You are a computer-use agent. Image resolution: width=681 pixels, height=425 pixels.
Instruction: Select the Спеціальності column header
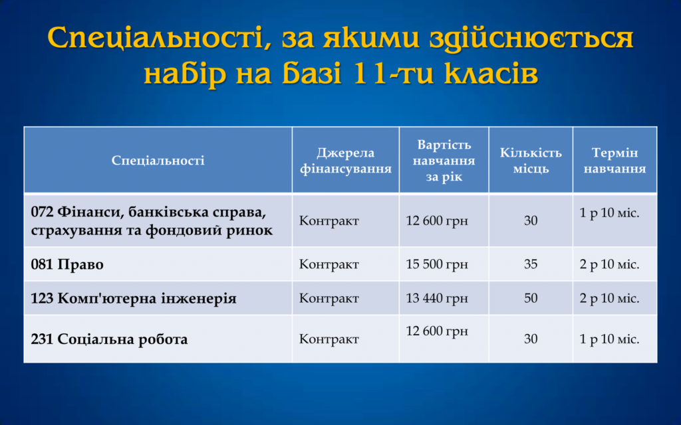click(158, 161)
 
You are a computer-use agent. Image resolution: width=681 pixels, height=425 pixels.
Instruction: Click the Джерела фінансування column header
click(346, 161)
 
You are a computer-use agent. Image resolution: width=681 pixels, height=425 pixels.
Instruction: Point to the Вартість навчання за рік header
click(444, 161)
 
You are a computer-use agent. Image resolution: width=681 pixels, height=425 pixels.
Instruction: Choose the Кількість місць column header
click(531, 161)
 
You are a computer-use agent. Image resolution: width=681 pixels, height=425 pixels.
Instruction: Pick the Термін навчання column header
click(614, 161)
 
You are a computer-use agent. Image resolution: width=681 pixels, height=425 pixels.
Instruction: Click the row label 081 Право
click(67, 264)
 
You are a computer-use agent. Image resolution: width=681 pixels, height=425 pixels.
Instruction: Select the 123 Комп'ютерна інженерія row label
click(134, 298)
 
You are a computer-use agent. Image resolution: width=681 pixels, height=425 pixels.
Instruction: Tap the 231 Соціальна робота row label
click(110, 339)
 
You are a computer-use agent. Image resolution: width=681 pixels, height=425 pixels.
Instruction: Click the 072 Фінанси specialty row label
click(152, 220)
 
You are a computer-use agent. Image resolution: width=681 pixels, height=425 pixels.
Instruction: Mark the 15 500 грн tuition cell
click(437, 264)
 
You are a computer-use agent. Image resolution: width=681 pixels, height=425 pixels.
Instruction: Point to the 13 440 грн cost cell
click(437, 298)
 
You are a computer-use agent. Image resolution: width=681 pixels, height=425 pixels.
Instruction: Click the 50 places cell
click(531, 298)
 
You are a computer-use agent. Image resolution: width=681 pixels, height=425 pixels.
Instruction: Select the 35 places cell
click(531, 264)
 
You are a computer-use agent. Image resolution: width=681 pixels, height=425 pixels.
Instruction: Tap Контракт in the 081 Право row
click(329, 264)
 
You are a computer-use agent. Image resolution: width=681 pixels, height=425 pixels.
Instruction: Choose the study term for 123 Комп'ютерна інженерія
click(609, 298)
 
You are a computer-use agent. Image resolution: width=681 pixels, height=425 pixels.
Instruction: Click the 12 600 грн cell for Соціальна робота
click(437, 331)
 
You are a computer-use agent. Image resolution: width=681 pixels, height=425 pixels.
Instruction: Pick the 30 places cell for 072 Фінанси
click(531, 220)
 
